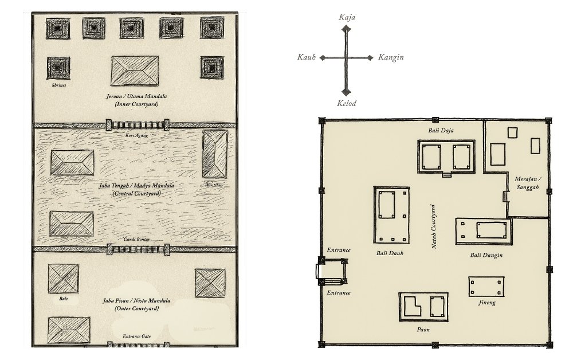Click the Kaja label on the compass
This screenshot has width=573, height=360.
(x=347, y=17)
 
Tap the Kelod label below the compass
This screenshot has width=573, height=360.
(x=347, y=103)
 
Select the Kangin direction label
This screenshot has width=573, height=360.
(x=391, y=57)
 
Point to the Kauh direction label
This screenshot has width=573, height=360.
(x=306, y=57)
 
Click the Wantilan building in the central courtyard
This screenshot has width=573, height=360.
(x=215, y=154)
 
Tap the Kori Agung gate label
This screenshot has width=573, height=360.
(x=136, y=135)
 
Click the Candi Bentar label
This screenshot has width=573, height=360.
(x=136, y=240)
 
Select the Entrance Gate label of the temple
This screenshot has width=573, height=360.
(x=136, y=336)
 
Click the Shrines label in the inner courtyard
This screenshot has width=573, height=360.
(x=59, y=85)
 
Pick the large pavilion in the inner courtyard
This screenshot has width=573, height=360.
(x=135, y=71)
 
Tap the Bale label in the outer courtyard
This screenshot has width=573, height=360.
(x=64, y=299)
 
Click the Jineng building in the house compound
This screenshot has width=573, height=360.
(x=486, y=287)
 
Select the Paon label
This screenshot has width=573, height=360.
(x=423, y=330)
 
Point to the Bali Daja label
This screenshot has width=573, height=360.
(x=441, y=131)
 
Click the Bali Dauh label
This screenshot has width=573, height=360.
(x=390, y=253)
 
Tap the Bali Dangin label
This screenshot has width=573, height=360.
(x=486, y=255)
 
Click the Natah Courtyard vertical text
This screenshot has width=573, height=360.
(x=434, y=226)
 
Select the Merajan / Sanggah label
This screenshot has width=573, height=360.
(x=528, y=183)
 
